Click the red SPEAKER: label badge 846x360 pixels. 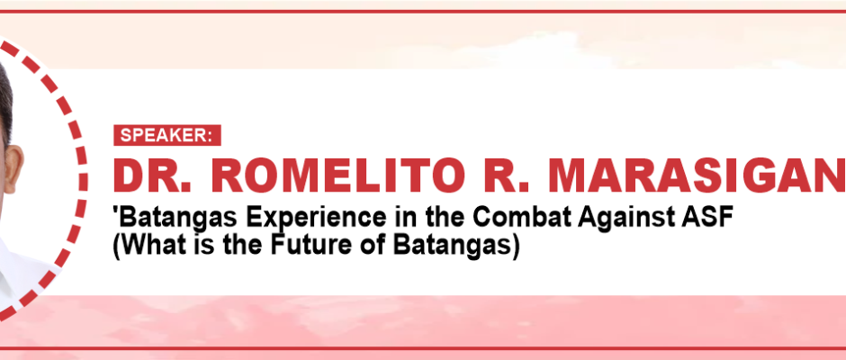(x=167, y=135)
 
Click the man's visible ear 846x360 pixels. (x=12, y=170)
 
